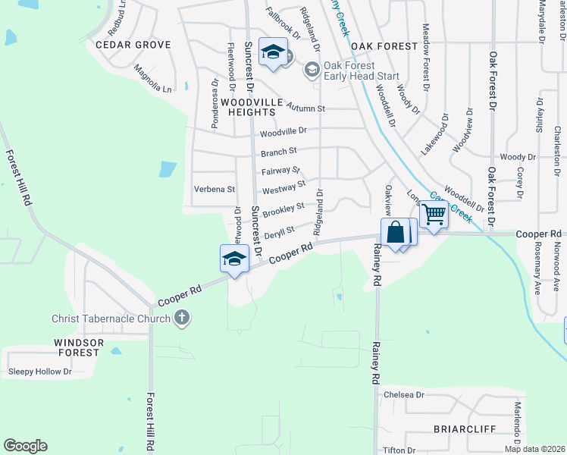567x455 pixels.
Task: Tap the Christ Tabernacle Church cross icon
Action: [x=181, y=318]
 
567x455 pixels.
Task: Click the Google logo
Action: [x=25, y=446]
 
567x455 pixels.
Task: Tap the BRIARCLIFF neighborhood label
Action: [x=465, y=429]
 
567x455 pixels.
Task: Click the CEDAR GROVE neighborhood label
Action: [x=133, y=45]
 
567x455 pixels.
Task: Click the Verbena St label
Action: [x=215, y=189]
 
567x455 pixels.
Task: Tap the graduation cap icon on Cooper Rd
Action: [x=235, y=259]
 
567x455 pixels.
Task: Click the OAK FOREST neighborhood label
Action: [x=384, y=46]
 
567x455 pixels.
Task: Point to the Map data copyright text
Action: [x=534, y=449]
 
